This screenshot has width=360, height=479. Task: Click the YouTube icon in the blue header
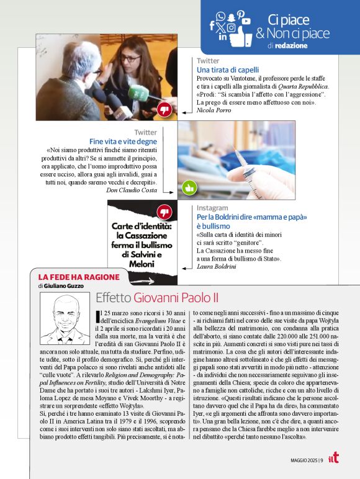[x=246, y=21]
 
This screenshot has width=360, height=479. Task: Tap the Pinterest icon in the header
[x=241, y=14]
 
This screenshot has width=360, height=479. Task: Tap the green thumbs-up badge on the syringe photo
[x=189, y=187]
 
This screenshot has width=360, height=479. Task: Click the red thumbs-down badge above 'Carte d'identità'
[x=164, y=212]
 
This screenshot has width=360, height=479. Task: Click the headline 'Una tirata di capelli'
[x=228, y=70]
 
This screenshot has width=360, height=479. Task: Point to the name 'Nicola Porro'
[x=214, y=110]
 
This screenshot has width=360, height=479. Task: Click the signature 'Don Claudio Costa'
[x=132, y=190]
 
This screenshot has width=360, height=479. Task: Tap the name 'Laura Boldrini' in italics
[x=217, y=266]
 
